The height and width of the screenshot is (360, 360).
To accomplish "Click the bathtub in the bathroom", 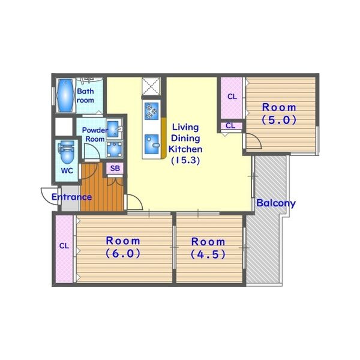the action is coord(66,95).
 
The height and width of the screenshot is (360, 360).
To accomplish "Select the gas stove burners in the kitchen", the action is coord(152,111).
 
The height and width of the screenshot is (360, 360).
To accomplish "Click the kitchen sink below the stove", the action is coord(152,144).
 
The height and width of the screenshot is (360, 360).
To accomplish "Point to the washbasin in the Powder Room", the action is coord(113,129).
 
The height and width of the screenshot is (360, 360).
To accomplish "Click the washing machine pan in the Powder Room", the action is coord(115,149).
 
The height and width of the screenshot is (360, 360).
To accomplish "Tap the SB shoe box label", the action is coord(115,168).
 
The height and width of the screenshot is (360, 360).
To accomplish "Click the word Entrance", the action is coord(71,197).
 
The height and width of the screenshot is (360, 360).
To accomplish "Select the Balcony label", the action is coord(276,203).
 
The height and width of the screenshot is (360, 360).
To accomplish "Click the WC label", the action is coord(67,171).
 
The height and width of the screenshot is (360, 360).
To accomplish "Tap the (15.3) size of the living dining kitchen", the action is coord(185,160).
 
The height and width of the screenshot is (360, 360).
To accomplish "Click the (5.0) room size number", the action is coord(279,120).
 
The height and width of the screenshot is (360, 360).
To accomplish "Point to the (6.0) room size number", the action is coord(123,253).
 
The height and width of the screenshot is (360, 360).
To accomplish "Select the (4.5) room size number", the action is coord(208,254).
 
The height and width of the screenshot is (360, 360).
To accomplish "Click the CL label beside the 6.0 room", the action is coord(64,246).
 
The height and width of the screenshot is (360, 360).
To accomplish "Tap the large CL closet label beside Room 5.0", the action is coord(232,97).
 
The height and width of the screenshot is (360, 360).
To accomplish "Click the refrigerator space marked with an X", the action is coord(151,86).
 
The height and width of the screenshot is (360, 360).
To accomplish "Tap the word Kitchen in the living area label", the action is coord(185,149).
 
